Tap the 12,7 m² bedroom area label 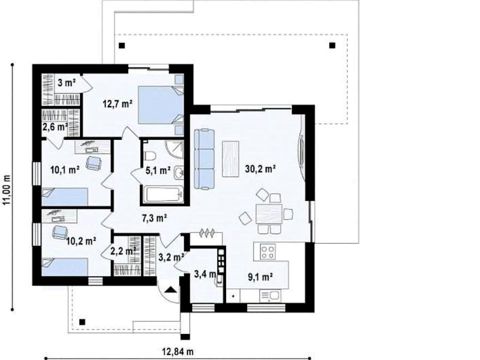(x=117, y=104)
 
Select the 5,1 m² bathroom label (x=158, y=170)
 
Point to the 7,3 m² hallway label (x=154, y=218)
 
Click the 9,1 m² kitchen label (x=260, y=277)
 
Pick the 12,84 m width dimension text (x=177, y=351)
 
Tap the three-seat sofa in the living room (x=204, y=159)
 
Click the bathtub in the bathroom (x=164, y=194)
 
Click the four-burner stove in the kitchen (x=267, y=252)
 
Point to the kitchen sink (x=270, y=295)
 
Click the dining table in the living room (x=269, y=213)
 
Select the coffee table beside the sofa (x=230, y=158)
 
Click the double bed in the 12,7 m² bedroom (x=161, y=104)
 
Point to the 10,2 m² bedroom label (x=81, y=241)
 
